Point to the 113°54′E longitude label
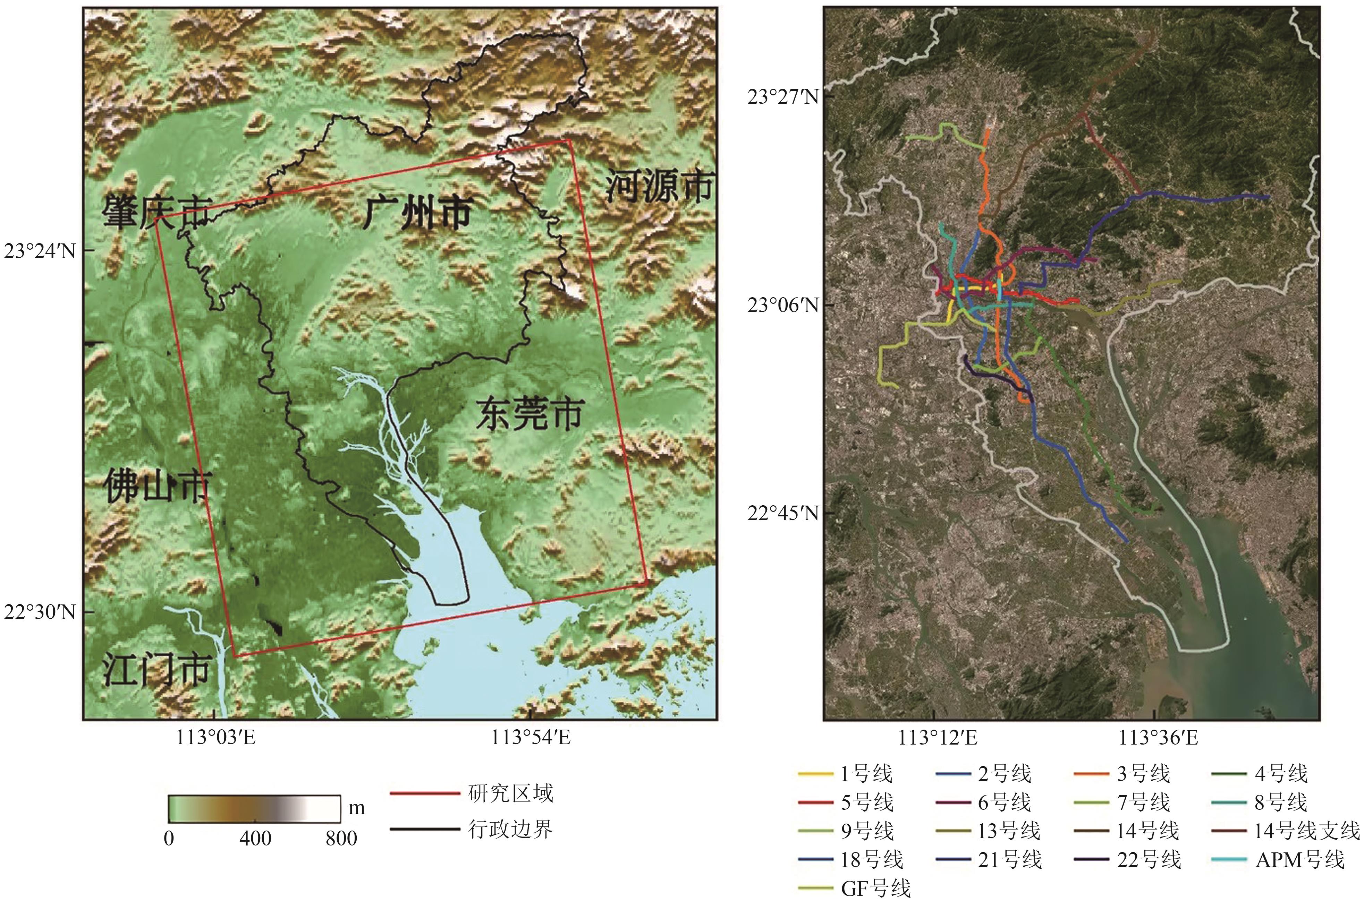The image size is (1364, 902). click(530, 738)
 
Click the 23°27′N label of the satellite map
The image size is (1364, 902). click(783, 97)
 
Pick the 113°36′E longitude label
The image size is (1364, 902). click(1158, 738)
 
